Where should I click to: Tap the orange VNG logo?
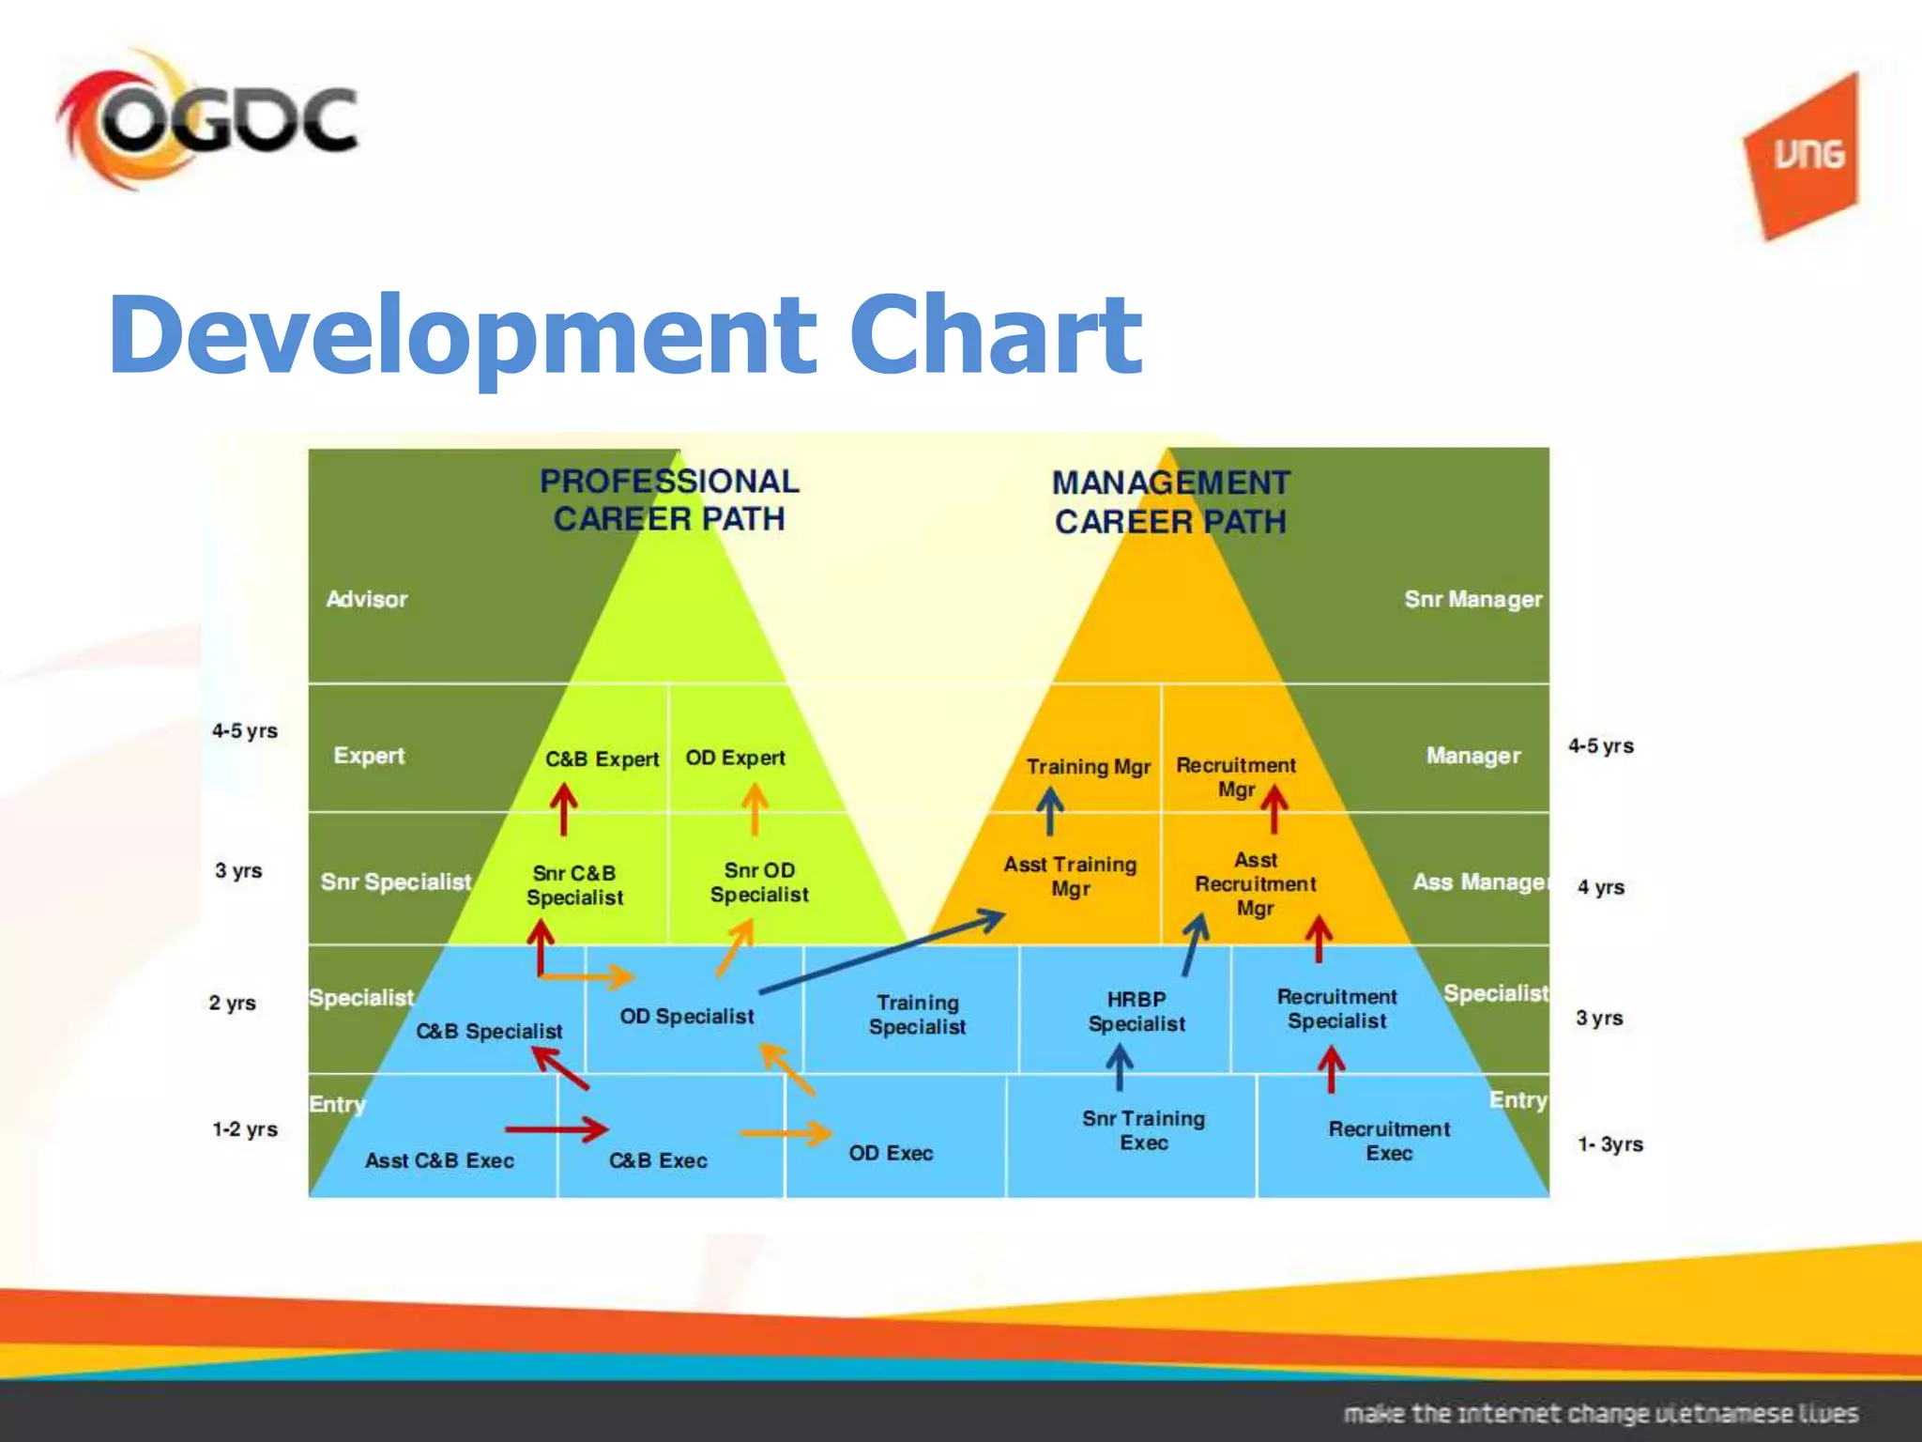tap(1803, 156)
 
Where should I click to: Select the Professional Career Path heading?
tap(669, 500)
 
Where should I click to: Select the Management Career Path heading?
tap(1170, 502)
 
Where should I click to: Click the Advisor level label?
tap(367, 599)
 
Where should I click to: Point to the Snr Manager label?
tap(1472, 599)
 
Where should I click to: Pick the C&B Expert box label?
tap(602, 759)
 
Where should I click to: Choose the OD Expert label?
tap(735, 758)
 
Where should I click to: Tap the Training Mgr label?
tap(1088, 767)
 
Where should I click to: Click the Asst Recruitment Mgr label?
tap(1255, 883)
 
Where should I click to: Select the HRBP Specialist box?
tap(1136, 1011)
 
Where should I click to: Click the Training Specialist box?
tap(917, 1014)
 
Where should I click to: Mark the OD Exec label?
tap(891, 1153)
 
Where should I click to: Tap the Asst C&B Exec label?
tap(439, 1160)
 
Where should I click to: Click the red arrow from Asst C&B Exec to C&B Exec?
tap(556, 1128)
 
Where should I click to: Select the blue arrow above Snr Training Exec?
tap(1119, 1067)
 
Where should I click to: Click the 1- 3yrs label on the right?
tap(1609, 1144)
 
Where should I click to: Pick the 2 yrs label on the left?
tap(233, 1003)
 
